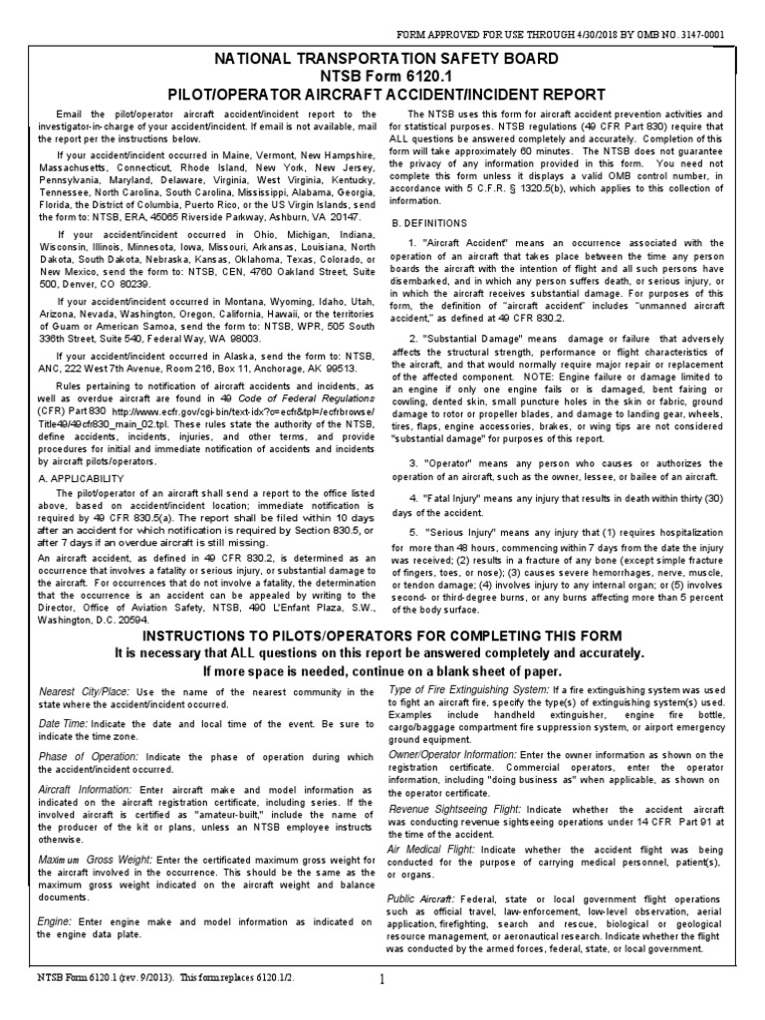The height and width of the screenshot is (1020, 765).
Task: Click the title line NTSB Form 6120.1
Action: [x=382, y=77]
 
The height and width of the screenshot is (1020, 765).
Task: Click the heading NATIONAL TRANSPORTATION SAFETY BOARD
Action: [x=382, y=60]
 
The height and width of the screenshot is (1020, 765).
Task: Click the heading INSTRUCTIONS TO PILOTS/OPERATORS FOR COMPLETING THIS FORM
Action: [x=382, y=636]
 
